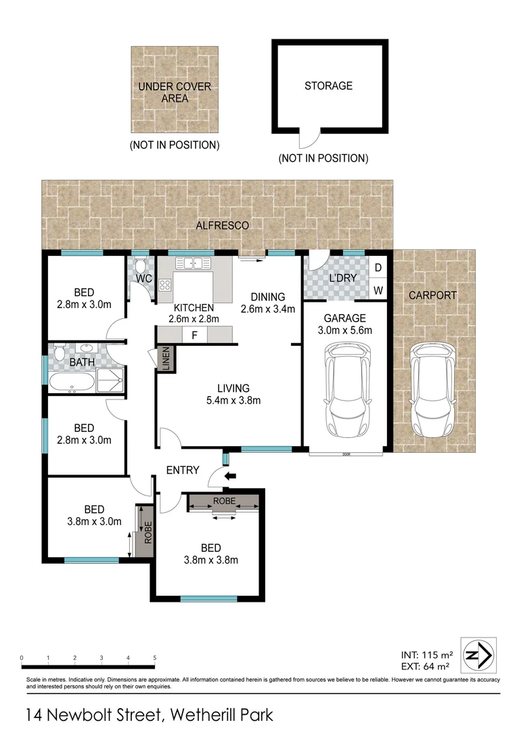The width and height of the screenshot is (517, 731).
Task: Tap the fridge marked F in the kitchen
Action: coord(194,335)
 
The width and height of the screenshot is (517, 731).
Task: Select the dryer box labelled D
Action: coord(378,267)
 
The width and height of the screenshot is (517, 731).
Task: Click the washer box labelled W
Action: coord(378,290)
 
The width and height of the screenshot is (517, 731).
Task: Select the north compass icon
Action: coord(479,655)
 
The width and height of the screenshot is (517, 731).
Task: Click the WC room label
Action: coord(141,279)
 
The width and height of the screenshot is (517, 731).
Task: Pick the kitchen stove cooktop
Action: coord(164,285)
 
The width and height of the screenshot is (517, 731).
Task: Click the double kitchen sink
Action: coord(194,263)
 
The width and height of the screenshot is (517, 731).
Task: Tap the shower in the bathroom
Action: coord(110,382)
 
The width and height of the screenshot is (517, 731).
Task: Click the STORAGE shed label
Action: coord(328,86)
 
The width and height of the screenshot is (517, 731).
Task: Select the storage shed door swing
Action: coord(309,140)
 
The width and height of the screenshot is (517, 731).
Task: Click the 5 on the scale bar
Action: coord(154,657)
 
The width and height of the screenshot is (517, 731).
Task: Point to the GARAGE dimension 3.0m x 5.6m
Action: coord(344,330)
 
